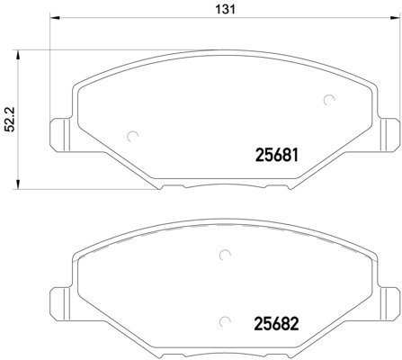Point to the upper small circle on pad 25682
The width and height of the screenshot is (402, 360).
pyautogui.click(x=221, y=255)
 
